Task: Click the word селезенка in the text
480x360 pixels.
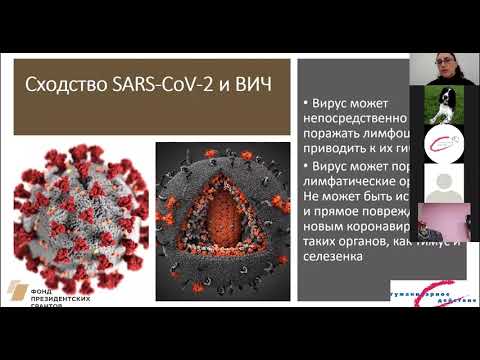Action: coord(342,258)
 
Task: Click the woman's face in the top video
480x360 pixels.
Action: coord(440,67)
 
